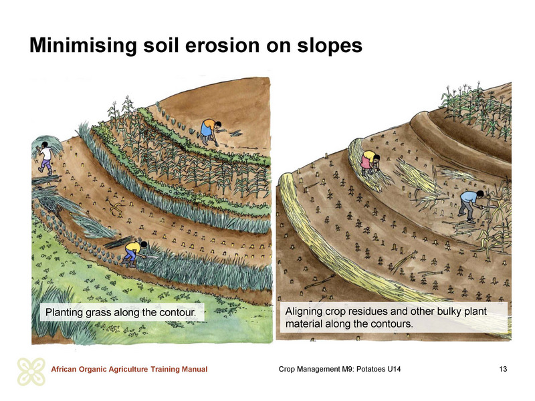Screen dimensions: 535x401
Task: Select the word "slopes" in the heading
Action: pos(330,46)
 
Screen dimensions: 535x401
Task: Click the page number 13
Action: pos(503,369)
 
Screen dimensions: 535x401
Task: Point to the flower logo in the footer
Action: pos(31,372)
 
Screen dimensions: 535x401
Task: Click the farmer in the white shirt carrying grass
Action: pos(45,157)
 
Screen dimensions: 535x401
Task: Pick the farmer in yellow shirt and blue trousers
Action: pos(135,253)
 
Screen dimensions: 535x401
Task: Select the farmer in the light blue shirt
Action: pos(471,205)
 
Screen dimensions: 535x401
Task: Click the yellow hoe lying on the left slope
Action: pos(115,207)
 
